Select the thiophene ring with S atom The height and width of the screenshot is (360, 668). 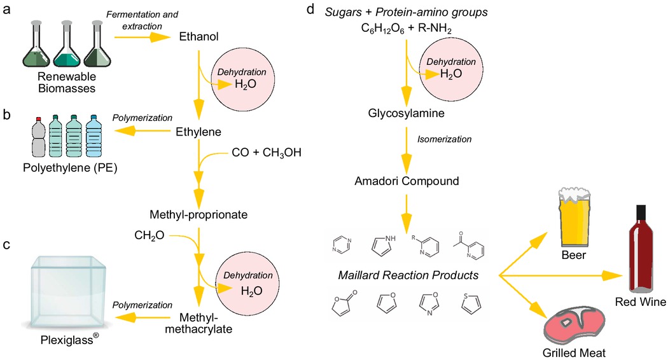coord(470,306)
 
